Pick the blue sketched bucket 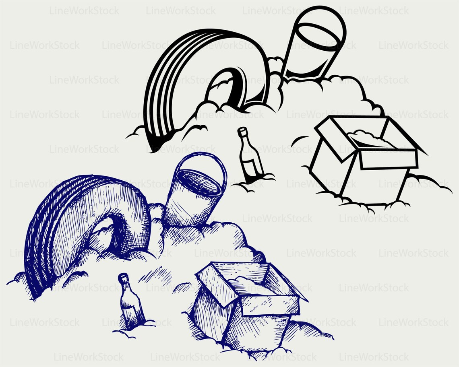193,193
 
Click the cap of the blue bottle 123,277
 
